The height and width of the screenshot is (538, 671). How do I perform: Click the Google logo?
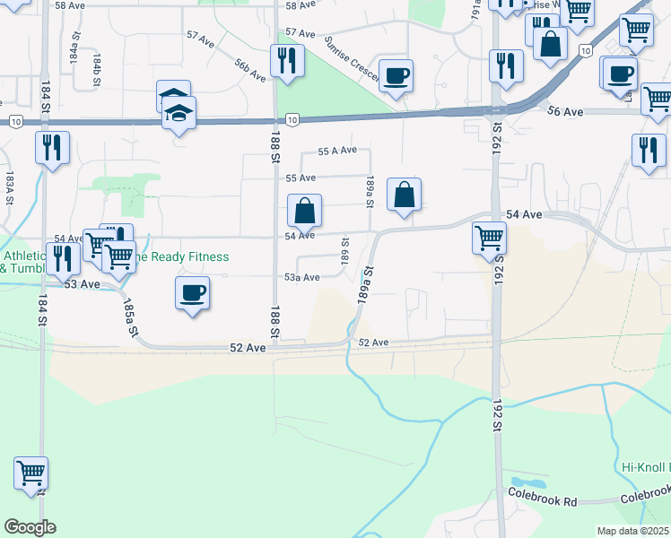[30, 527]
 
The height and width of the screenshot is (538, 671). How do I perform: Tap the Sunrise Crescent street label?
[353, 58]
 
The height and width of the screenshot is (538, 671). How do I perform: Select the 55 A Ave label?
[337, 151]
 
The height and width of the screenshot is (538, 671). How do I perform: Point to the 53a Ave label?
[302, 278]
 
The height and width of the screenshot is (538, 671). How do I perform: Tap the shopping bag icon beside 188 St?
[305, 212]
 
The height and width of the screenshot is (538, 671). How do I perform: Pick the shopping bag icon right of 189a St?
[405, 194]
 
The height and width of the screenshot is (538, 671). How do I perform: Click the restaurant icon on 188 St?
[287, 61]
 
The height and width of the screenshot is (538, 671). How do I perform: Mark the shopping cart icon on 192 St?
[489, 239]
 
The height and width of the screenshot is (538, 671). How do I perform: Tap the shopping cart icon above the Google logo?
[30, 473]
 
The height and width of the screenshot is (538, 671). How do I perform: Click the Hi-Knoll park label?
[645, 468]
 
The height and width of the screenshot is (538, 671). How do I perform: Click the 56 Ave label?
[566, 111]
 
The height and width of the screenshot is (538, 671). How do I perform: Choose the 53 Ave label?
[82, 284]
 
